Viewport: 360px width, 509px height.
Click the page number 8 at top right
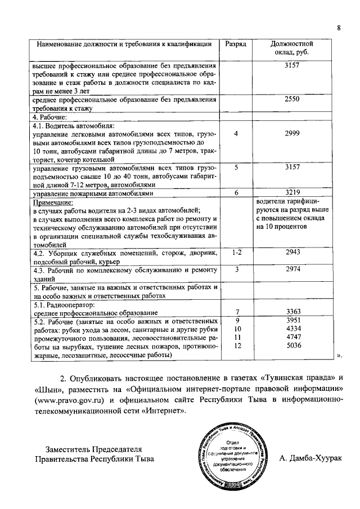click(x=339, y=28)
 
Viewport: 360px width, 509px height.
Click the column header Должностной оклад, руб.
click(x=291, y=48)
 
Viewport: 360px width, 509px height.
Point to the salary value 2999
click(x=291, y=133)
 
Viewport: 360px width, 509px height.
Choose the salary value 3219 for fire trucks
click(x=291, y=193)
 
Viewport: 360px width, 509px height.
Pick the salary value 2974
click(x=291, y=269)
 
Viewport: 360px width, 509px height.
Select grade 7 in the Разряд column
click(x=237, y=312)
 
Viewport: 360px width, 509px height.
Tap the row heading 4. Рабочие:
click(x=51, y=117)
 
